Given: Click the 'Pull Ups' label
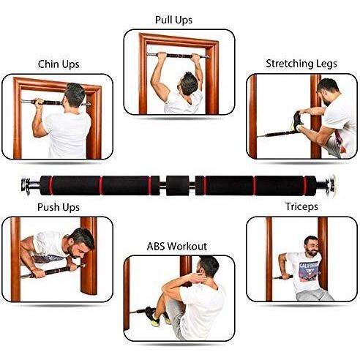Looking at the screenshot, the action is point(173,20).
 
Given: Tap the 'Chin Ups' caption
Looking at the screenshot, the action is point(59,64).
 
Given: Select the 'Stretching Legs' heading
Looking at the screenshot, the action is point(301,64).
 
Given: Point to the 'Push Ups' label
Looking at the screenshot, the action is point(59,207).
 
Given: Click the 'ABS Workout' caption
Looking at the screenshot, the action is point(177,247).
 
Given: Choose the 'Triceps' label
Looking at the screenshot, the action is point(301,206).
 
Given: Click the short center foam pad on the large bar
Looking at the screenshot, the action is point(177,185).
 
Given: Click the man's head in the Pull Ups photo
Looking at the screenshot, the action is point(187,83).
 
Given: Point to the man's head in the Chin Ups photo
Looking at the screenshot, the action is point(74,95).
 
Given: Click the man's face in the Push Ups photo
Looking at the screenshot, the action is point(75,247).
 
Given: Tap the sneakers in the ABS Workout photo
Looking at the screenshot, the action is point(156,317).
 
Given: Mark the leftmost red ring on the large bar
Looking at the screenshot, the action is point(51,185).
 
